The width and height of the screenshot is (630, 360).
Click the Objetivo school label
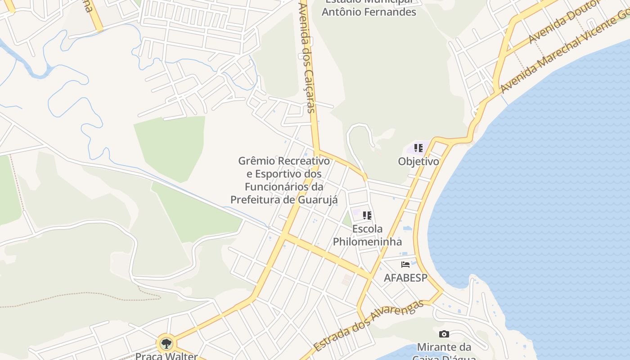click(418, 161)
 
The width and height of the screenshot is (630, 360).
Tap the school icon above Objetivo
click(418, 148)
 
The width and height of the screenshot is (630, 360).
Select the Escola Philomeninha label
click(367, 235)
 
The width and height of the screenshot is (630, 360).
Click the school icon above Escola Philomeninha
click(367, 216)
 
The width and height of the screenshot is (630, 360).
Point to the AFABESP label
click(405, 278)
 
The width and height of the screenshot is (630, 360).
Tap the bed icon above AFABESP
click(405, 264)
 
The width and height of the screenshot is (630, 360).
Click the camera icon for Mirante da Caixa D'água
click(444, 334)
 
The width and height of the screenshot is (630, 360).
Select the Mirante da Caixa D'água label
click(444, 351)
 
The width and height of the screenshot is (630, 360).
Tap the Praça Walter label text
click(166, 356)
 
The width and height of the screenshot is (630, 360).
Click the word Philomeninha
click(367, 242)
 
